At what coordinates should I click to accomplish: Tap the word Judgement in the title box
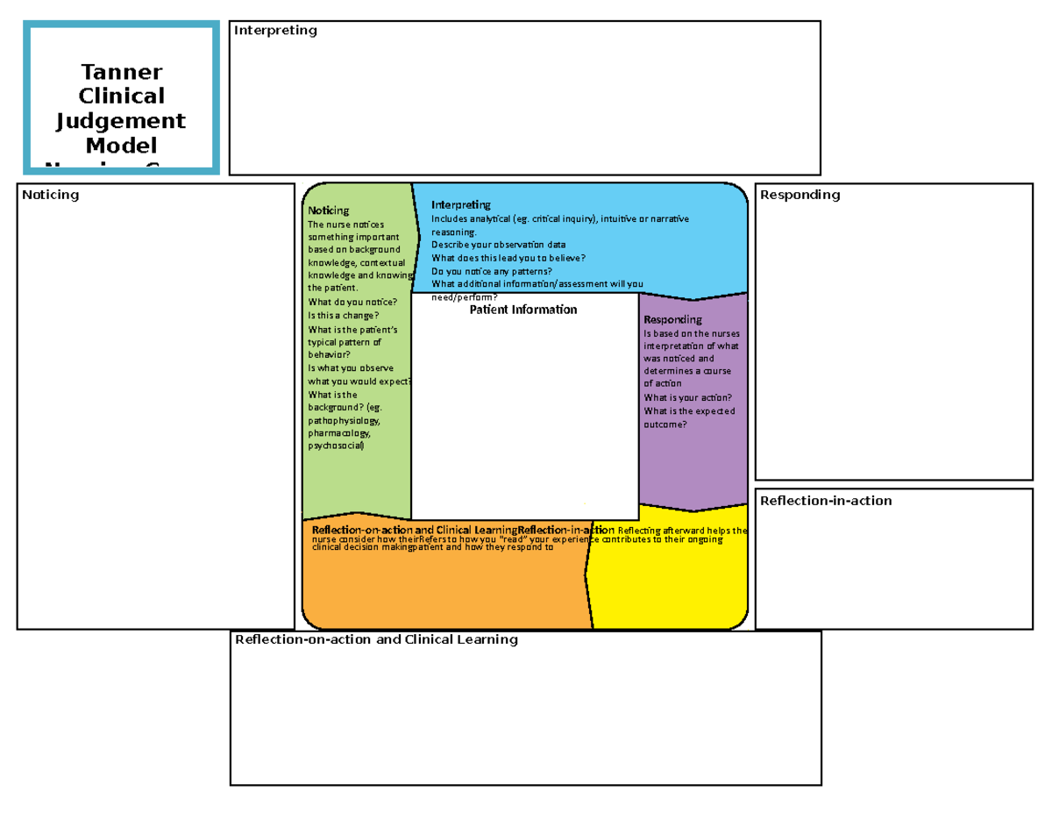(x=121, y=120)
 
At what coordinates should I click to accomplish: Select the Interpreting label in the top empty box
(x=275, y=31)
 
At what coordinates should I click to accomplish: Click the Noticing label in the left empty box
(x=51, y=195)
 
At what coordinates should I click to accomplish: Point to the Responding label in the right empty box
(x=800, y=195)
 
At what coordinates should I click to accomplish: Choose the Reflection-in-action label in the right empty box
(x=826, y=501)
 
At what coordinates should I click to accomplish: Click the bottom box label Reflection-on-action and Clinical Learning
(x=376, y=639)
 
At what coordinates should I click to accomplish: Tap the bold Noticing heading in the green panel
(x=329, y=210)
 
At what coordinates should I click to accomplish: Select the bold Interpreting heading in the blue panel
(x=461, y=205)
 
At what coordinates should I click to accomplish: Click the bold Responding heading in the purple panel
(x=672, y=320)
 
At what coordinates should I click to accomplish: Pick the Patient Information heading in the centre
(x=523, y=310)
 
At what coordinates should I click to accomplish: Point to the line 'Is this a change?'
(x=344, y=315)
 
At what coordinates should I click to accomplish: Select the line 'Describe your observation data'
(x=498, y=245)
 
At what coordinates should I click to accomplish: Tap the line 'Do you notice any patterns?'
(x=491, y=271)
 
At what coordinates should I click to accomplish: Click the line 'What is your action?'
(x=687, y=397)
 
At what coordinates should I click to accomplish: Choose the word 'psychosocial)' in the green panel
(x=334, y=446)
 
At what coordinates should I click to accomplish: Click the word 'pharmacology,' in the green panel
(x=338, y=433)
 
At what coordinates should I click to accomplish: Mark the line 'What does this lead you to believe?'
(x=508, y=258)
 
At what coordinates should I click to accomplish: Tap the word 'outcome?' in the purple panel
(x=665, y=424)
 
